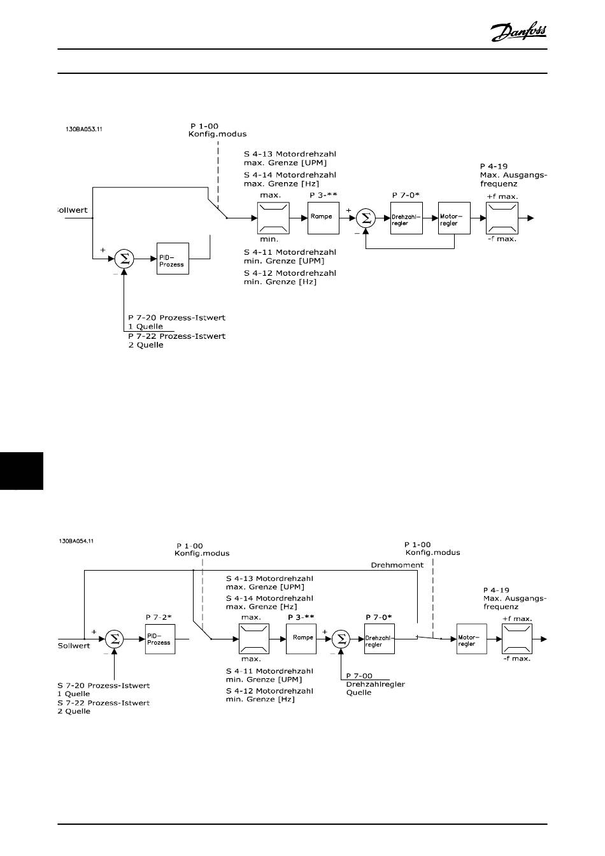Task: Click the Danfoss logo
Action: pyautogui.click(x=518, y=31)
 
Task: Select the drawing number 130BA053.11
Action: pyautogui.click(x=83, y=129)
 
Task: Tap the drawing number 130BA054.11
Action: pyautogui.click(x=76, y=541)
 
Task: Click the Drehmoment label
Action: pyautogui.click(x=397, y=565)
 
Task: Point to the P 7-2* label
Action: pyautogui.click(x=159, y=617)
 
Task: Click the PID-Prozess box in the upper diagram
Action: pyautogui.click(x=173, y=259)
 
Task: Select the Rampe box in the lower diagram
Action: pyautogui.click(x=301, y=639)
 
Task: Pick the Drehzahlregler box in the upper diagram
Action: pyautogui.click(x=406, y=218)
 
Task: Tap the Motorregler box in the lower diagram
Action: pyautogui.click(x=472, y=639)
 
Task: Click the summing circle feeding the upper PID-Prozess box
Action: pyautogui.click(x=124, y=259)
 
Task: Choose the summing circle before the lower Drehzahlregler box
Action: pyautogui.click(x=341, y=639)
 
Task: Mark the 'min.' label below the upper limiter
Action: pyautogui.click(x=269, y=239)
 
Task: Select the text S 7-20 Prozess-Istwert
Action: pyautogui.click(x=104, y=685)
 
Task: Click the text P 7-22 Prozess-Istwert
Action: pyautogui.click(x=176, y=336)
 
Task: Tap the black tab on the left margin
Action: pyautogui.click(x=22, y=471)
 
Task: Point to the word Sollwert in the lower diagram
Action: pyautogui.click(x=74, y=646)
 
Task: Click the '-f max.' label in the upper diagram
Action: pyautogui.click(x=502, y=239)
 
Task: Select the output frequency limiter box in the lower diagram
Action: pyautogui.click(x=516, y=639)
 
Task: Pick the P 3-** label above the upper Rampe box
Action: pyautogui.click(x=324, y=196)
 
